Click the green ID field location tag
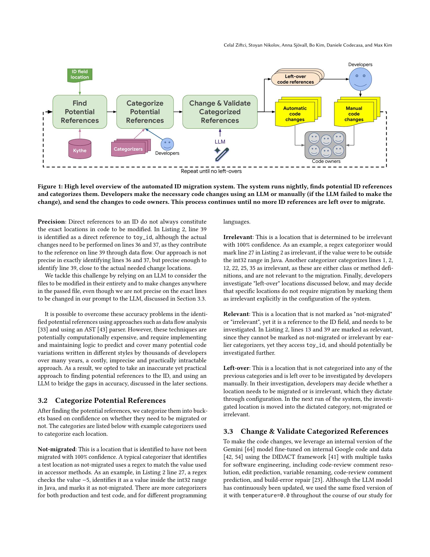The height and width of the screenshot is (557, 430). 80,75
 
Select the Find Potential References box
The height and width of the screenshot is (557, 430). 80,112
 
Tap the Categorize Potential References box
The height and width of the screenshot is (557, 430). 145,112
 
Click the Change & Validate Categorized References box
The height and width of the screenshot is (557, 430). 220,112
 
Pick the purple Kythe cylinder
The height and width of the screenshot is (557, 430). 80,149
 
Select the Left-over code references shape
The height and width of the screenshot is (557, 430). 295,79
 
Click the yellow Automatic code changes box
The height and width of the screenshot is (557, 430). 295,113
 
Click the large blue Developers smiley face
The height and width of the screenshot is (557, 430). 360,79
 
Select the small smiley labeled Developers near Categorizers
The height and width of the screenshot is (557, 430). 167,144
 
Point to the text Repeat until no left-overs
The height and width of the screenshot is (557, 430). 211,171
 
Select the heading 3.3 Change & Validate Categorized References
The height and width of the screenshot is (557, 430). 306,431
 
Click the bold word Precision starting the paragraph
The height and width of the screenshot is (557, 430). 51,222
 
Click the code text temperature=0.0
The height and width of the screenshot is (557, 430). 266,495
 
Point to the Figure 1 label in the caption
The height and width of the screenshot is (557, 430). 50,186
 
